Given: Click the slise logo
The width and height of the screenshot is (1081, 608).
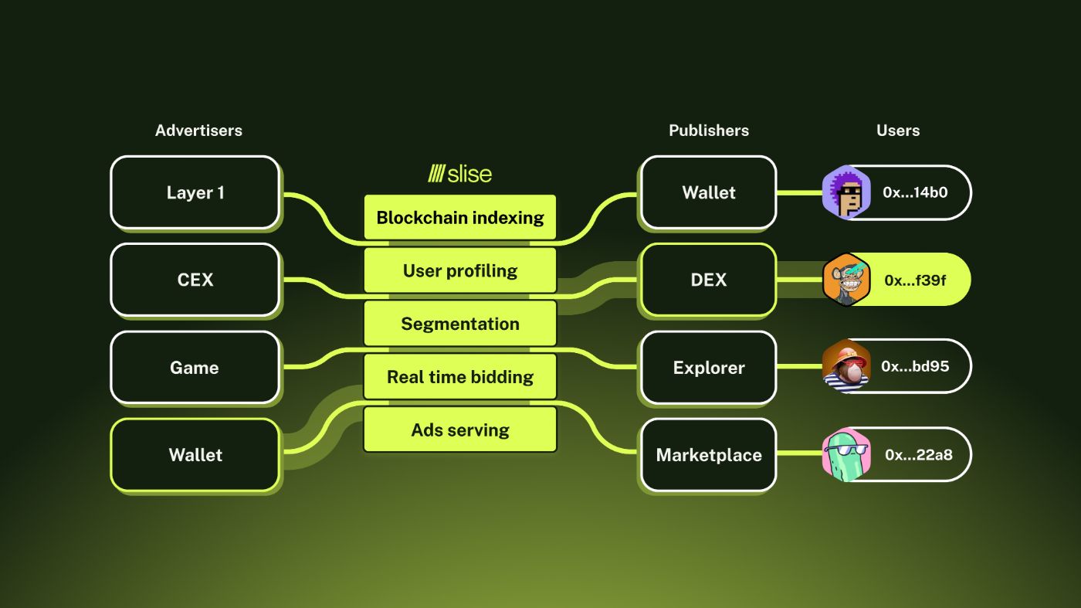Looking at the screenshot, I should pyautogui.click(x=460, y=174).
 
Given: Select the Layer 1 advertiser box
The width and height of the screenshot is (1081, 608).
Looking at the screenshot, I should pyautogui.click(x=195, y=192).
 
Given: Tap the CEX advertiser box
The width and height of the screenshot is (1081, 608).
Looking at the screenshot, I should pyautogui.click(x=195, y=280).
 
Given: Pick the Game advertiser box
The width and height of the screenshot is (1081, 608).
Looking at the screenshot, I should pyautogui.click(x=195, y=368).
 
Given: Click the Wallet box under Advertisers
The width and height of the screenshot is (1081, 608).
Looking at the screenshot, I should pyautogui.click(x=195, y=455).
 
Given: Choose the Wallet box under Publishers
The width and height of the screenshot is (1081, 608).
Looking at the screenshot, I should pyautogui.click(x=708, y=192).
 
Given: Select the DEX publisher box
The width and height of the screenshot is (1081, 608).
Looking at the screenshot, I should pyautogui.click(x=708, y=280).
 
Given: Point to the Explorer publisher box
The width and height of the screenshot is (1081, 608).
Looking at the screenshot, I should pyautogui.click(x=708, y=368).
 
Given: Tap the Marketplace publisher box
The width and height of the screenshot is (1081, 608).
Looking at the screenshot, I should pyautogui.click(x=708, y=455).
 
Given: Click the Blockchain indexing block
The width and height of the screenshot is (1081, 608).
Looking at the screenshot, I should pyautogui.click(x=460, y=218).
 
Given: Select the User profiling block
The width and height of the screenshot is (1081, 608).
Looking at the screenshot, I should pyautogui.click(x=460, y=270).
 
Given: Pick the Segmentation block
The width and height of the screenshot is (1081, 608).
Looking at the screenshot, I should pyautogui.click(x=460, y=324).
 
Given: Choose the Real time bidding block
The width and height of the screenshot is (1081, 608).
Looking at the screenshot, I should pyautogui.click(x=460, y=377).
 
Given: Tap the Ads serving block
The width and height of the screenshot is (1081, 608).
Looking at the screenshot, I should pyautogui.click(x=460, y=430).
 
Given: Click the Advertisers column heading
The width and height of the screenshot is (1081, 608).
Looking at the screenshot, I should pyautogui.click(x=198, y=131).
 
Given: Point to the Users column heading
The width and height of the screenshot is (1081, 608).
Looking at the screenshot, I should pyautogui.click(x=898, y=131).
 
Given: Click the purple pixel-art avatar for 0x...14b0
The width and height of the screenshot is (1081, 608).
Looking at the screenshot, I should pyautogui.click(x=846, y=192).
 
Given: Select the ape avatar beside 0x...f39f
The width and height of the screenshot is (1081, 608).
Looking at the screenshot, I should pyautogui.click(x=846, y=280).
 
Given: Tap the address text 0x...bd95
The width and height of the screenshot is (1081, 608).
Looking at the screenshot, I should pyautogui.click(x=915, y=366).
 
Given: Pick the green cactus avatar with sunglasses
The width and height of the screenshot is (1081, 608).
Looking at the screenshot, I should pyautogui.click(x=846, y=455).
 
